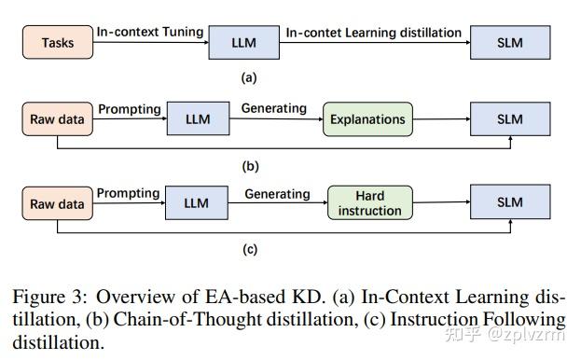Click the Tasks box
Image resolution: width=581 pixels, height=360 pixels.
(x=57, y=43)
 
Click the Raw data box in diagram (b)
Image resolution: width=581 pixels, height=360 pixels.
(x=57, y=119)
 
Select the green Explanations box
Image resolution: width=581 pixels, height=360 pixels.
(x=367, y=119)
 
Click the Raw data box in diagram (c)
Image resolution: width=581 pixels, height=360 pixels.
(x=57, y=204)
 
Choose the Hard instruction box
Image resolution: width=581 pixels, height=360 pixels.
(x=370, y=203)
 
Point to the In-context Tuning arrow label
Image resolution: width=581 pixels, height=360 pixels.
(x=149, y=32)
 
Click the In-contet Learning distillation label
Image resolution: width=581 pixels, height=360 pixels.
(x=373, y=32)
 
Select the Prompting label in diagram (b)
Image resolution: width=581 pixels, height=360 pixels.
(x=129, y=108)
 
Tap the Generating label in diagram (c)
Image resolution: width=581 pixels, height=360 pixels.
(x=277, y=194)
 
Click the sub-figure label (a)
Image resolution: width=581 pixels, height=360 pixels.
(x=249, y=78)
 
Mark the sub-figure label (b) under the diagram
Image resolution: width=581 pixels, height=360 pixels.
(x=250, y=166)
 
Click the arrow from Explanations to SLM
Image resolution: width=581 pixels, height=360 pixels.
(x=441, y=119)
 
